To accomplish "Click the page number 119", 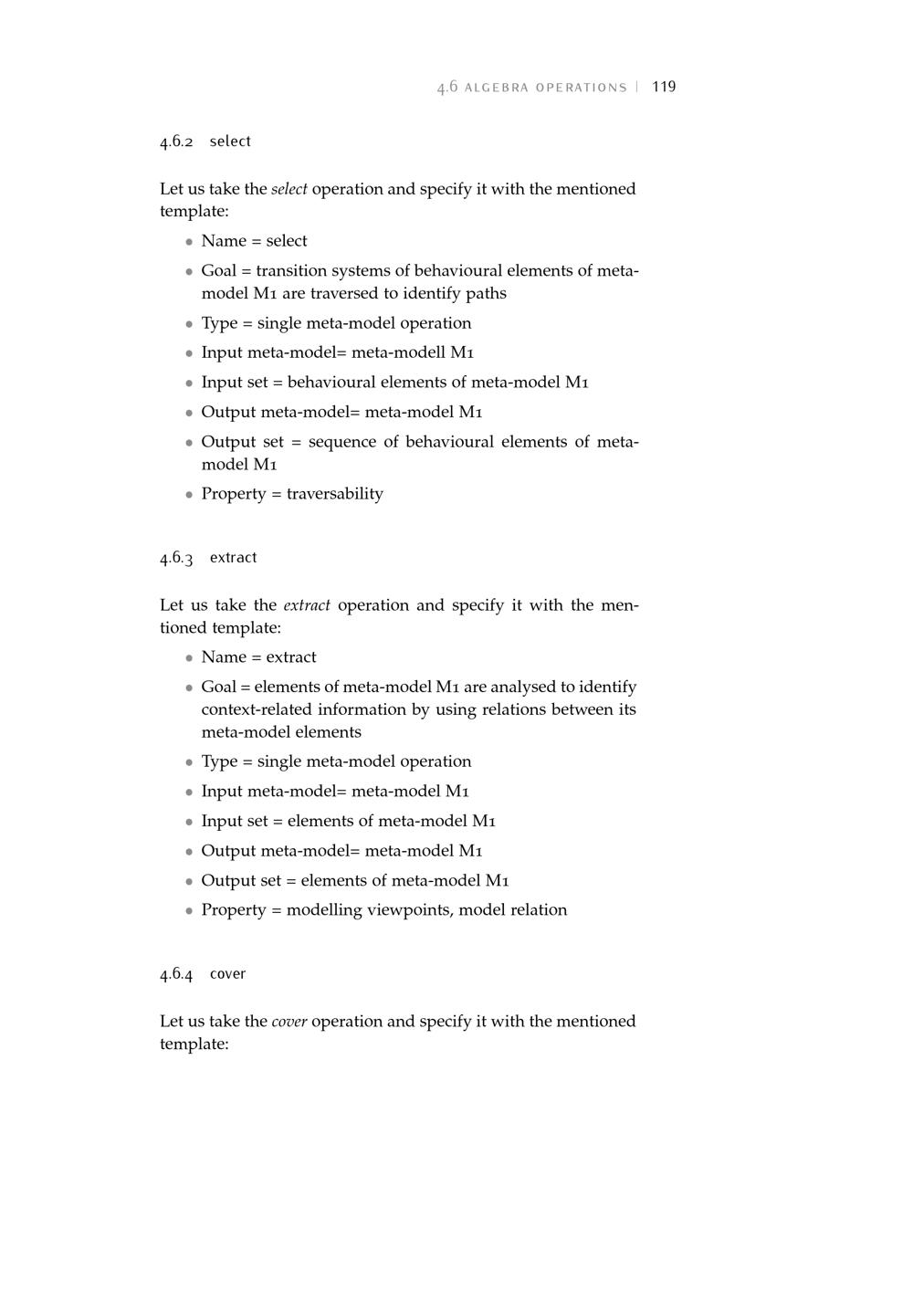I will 664,87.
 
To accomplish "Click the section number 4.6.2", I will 176,142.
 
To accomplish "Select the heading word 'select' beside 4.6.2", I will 230,142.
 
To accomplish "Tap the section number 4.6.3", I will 176,558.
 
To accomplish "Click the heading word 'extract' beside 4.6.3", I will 233,558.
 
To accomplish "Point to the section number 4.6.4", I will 176,974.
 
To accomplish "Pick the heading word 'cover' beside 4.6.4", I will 227,974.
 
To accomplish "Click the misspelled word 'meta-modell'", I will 399,352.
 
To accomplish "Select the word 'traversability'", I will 335,494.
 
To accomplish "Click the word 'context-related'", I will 257,709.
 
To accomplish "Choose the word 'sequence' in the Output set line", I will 342,442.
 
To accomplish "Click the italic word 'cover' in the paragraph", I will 289,1022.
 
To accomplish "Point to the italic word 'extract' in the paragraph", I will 307,605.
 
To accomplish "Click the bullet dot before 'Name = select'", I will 189,242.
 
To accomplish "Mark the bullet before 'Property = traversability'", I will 189,495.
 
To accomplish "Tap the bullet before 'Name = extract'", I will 189,658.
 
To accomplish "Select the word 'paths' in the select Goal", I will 486,293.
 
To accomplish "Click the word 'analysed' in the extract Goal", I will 523,687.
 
